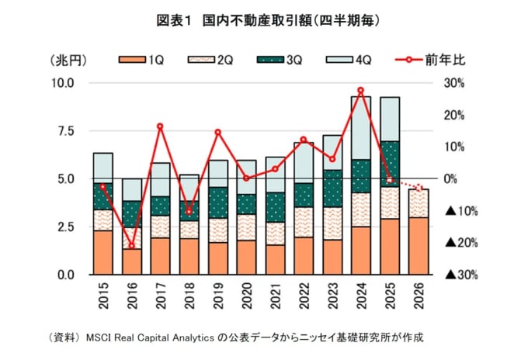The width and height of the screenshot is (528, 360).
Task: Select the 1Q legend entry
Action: pos(141,60)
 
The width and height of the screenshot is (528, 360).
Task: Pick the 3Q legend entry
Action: pos(280,60)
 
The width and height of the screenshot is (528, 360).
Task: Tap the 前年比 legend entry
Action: pos(430,60)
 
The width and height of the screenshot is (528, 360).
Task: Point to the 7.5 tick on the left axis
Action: pos(66,131)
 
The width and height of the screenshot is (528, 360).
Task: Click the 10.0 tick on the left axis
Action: pos(63,83)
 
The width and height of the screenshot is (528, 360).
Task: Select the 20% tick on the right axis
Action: pos(454,115)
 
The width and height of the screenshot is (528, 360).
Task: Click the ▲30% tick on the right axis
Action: pos(461,275)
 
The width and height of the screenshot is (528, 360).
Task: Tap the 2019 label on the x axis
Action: pos(218,296)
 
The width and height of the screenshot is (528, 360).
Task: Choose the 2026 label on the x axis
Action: pos(419,296)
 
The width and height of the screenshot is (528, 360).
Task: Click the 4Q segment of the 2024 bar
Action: pos(361,128)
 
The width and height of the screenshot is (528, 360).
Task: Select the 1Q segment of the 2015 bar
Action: pos(103,252)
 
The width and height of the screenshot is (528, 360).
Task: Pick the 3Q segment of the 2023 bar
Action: pos(332,189)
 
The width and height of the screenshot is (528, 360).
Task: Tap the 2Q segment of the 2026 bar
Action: pos(419,203)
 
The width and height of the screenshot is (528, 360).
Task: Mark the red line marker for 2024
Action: pos(360,90)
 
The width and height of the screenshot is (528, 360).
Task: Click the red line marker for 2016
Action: pos(132,246)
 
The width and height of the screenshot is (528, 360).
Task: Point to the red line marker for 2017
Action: pos(160,126)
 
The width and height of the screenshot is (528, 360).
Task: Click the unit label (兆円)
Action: pos(68,61)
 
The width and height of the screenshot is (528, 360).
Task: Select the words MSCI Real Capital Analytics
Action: pos(150,337)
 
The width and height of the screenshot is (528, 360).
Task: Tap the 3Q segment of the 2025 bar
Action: pos(390,164)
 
